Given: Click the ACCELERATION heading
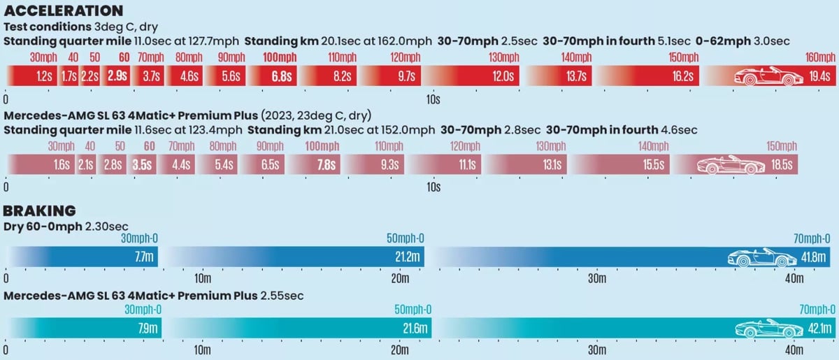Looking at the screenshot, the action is coord(64,11).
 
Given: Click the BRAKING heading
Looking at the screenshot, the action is coord(39,211).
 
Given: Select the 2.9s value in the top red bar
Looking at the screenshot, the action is coord(117,76).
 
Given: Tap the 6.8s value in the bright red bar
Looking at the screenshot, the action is coord(282,76).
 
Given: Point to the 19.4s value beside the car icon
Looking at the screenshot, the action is coord(819,76).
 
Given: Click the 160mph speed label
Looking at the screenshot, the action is coord(820,57).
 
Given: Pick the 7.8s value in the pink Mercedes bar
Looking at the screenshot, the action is coord(327,165).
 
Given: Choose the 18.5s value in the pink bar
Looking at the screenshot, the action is coord(782,165).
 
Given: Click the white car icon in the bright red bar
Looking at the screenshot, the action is coord(768,76).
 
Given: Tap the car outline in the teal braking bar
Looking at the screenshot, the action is coord(769,328).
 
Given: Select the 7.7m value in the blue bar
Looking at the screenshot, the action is coord(144,257).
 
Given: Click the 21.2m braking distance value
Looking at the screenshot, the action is coord(408,257).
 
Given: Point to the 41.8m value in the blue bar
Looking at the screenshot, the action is coord(814,257).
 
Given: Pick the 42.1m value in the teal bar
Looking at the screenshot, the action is coord(820,329).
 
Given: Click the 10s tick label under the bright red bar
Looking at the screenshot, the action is coord(433,100).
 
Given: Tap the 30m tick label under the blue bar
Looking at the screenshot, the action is coord(597,278).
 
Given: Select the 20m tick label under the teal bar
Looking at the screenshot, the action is coord(400,350).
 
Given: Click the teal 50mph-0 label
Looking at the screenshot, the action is coord(413,310).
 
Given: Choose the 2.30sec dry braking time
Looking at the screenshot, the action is coord(107,226).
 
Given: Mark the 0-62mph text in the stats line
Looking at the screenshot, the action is coord(723,41).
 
